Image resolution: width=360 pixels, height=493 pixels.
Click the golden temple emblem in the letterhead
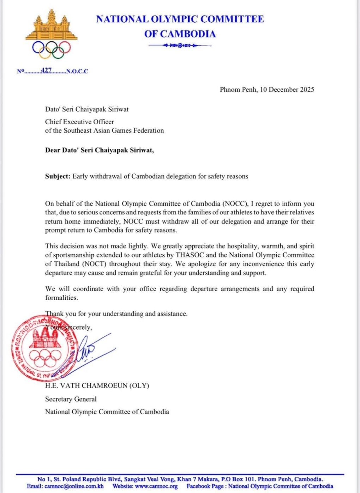pos(52,25)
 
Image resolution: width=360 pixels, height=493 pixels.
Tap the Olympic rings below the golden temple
pos(52,49)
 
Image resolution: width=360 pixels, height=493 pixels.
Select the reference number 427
pos(46,71)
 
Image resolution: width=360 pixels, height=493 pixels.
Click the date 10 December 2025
pos(287,90)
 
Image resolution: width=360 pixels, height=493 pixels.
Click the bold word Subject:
pos(58,176)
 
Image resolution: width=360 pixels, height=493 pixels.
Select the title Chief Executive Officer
pos(79,122)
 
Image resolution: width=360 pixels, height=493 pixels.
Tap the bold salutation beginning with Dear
pos(99,150)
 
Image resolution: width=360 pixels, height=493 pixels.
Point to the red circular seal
pos(44,348)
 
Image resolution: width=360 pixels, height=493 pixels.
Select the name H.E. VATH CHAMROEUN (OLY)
pos(97,385)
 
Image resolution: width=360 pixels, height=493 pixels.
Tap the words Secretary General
pos(71,399)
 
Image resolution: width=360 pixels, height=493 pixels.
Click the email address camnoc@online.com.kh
pos(74,486)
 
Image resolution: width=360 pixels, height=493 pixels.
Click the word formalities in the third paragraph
pos(61,298)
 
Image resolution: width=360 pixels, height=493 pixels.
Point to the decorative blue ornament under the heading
pos(180,45)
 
